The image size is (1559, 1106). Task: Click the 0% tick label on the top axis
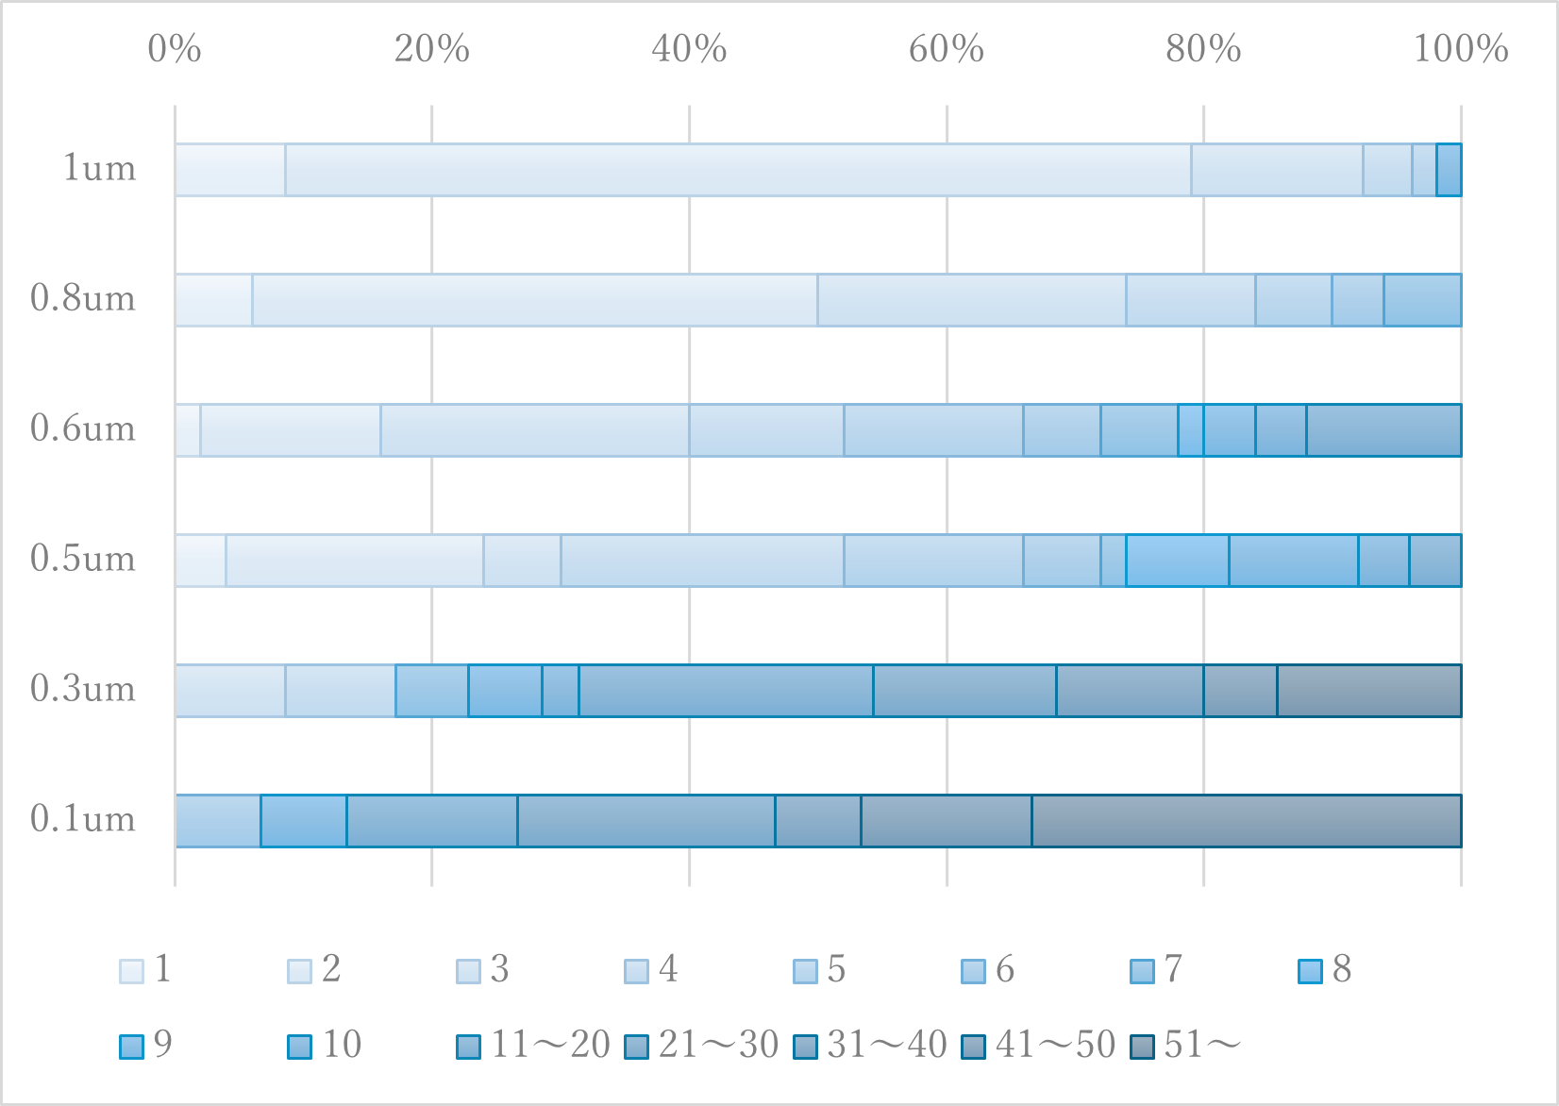pos(175,49)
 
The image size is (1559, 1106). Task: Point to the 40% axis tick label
pos(689,49)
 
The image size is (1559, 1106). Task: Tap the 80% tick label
pos(1203,49)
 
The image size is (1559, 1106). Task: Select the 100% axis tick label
pos(1460,49)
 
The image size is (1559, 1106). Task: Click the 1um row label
pos(99,169)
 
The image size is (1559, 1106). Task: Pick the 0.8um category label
pos(83,299)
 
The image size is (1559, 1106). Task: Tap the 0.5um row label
pos(83,560)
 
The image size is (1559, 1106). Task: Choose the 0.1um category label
pos(83,819)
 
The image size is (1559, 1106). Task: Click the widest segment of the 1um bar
pos(738,170)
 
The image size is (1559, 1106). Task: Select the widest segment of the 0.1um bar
pos(1247,821)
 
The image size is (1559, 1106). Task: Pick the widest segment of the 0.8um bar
pos(535,300)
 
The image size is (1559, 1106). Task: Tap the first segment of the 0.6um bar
pos(188,430)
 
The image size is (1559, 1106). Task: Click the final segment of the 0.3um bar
pos(1369,691)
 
